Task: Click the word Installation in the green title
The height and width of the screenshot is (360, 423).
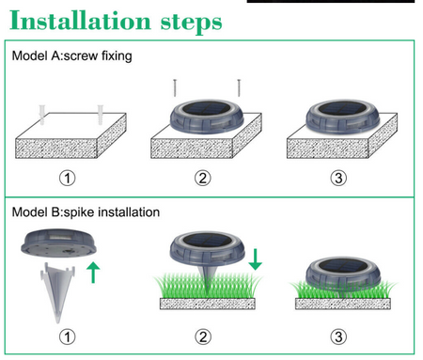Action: pos(80,21)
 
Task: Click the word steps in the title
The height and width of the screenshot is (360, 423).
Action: pos(191,23)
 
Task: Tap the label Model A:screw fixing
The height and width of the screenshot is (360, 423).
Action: pos(71,56)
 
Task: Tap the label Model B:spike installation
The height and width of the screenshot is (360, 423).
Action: pos(86,212)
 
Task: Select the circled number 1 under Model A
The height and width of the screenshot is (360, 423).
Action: pos(68,178)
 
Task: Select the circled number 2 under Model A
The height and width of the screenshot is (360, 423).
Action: pos(203,178)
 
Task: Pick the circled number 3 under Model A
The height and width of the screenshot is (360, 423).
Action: pos(338,178)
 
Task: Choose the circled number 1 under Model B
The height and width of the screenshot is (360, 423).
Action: pos(68,337)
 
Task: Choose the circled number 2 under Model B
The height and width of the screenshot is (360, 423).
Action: pos(203,337)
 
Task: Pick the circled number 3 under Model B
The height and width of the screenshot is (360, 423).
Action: pos(338,337)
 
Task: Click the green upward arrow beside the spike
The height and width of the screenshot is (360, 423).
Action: pos(93,273)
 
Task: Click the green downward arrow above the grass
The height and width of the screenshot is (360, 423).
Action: pos(256,259)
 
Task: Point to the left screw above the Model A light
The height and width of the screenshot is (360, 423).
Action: pos(175,88)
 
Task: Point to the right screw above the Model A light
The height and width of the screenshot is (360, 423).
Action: pos(239,88)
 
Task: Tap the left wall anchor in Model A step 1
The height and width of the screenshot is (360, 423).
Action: pos(42,115)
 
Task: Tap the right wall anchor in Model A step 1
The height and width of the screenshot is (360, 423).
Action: pos(101,115)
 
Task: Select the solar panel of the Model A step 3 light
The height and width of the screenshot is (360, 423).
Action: pos(342,108)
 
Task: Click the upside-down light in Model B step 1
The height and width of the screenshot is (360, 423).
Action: pos(58,243)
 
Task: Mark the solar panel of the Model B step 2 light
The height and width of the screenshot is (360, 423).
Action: pos(207,241)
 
